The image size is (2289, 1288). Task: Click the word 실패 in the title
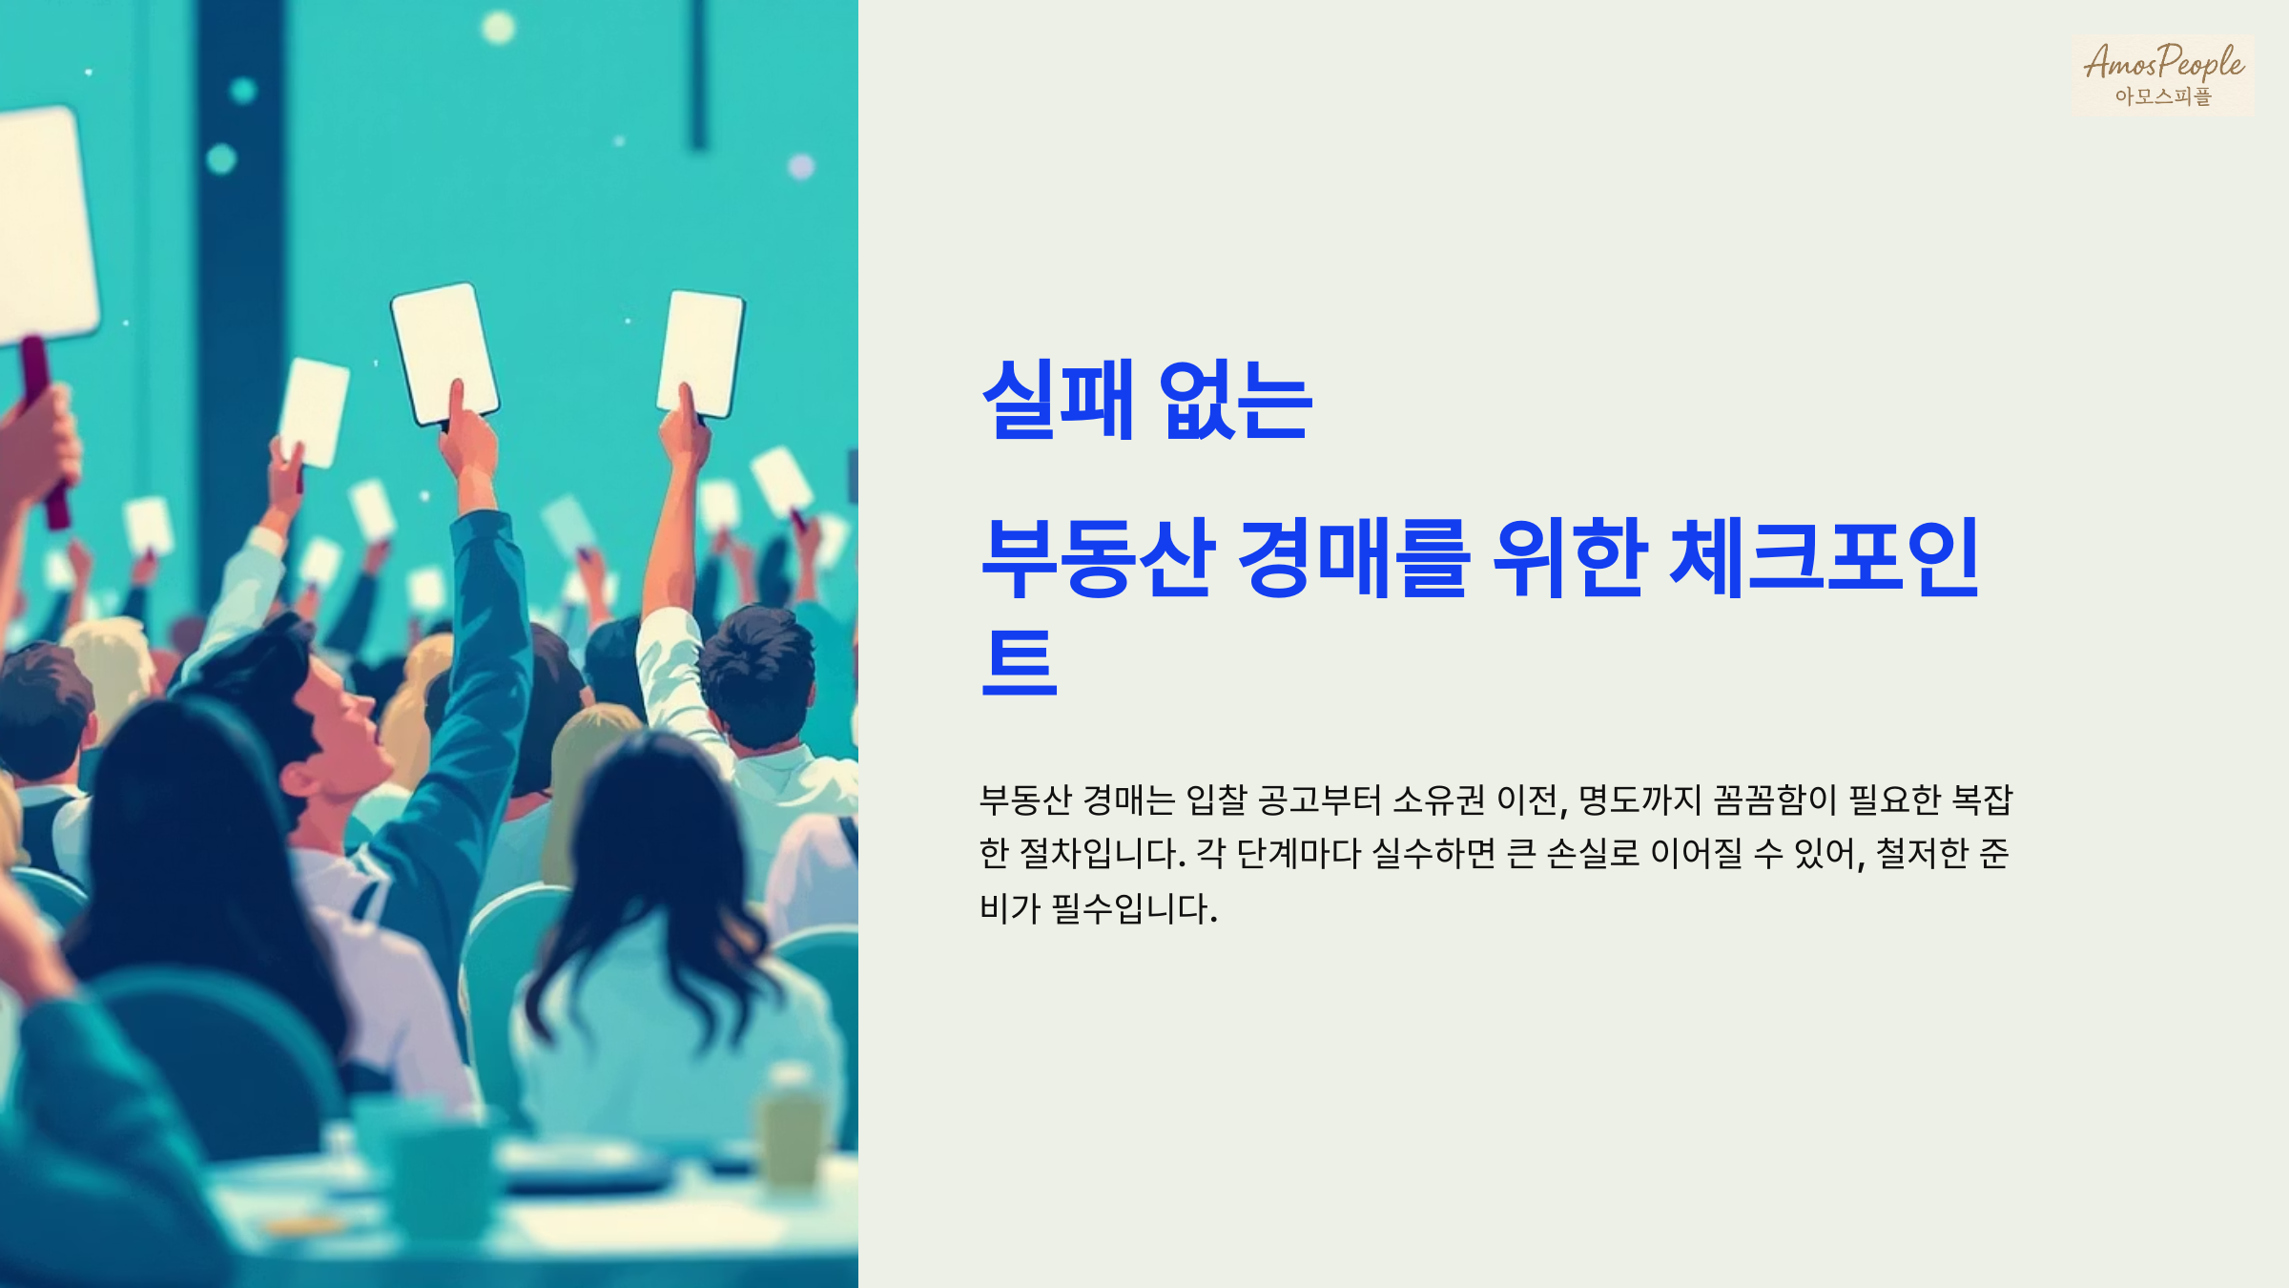[1058, 400]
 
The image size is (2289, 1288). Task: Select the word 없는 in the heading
[1236, 400]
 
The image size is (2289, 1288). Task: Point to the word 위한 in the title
[1569, 557]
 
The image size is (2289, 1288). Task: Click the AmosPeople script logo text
[2163, 62]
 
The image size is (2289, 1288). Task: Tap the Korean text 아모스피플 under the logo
[2162, 96]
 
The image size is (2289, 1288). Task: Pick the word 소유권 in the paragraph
[1438, 800]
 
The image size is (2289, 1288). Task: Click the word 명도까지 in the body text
[1639, 800]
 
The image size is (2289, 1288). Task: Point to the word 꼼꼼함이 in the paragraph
[1775, 800]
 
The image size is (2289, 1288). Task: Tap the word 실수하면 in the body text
[1433, 854]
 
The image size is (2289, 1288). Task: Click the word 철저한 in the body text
[1922, 854]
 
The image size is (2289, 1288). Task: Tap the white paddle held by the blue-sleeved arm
[444, 353]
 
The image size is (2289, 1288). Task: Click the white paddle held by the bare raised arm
[701, 353]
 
